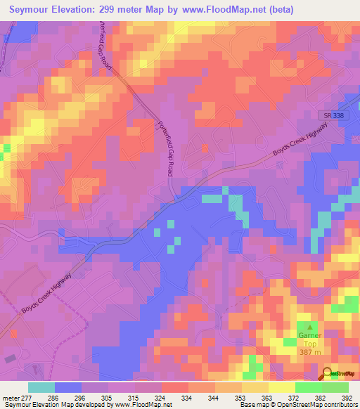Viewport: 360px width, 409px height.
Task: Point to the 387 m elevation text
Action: pos(309,351)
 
